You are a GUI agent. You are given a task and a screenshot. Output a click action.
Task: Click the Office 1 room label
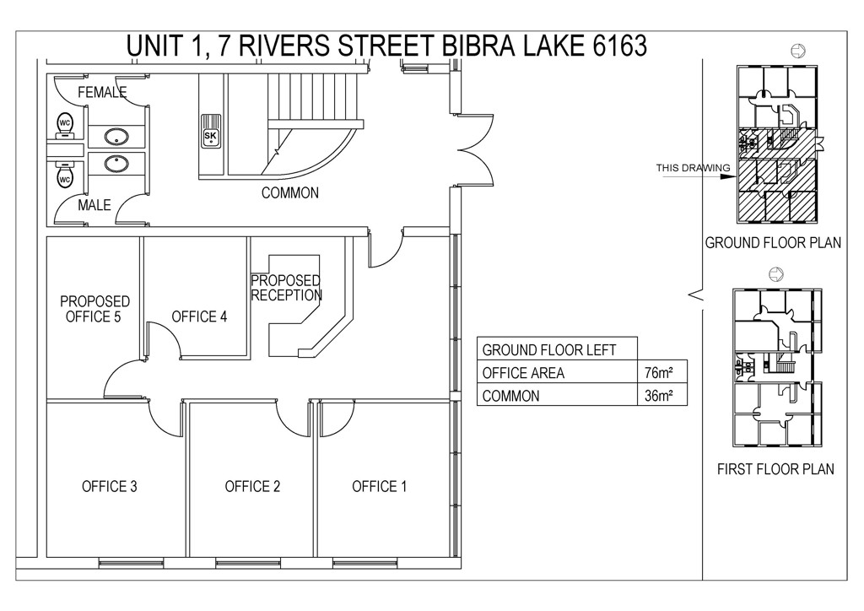point(379,486)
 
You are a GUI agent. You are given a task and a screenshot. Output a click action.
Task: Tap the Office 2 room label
point(252,486)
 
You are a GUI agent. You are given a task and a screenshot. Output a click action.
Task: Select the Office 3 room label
point(109,486)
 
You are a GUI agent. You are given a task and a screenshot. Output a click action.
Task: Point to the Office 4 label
point(199,316)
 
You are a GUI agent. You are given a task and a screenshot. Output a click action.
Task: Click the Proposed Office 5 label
point(94,309)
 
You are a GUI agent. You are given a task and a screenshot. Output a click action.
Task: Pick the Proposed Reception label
point(286,288)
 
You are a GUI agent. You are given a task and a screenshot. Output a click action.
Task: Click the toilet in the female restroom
point(64,125)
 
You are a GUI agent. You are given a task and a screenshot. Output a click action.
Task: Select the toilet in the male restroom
point(64,176)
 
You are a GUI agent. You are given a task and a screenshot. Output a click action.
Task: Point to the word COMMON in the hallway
point(290,192)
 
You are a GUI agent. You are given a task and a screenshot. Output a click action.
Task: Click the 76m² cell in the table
point(658,373)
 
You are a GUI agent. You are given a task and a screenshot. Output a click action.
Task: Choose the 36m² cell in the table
point(658,396)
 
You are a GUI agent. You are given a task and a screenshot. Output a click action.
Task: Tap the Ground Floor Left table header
point(548,350)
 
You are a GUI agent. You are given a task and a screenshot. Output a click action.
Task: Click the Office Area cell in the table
point(523,373)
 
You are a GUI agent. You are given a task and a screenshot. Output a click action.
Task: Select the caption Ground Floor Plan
point(773,242)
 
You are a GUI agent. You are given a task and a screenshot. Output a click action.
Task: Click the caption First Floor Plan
point(775,469)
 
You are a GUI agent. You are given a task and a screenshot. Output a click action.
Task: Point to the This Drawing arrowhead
point(731,177)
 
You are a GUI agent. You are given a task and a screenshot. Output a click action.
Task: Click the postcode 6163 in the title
point(619,46)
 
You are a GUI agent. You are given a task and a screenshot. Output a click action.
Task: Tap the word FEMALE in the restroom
point(102,92)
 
